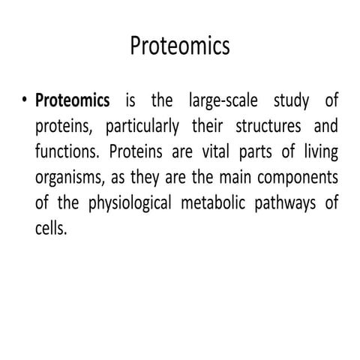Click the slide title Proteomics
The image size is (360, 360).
[x=180, y=46]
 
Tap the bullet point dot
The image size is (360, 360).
[x=25, y=100]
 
